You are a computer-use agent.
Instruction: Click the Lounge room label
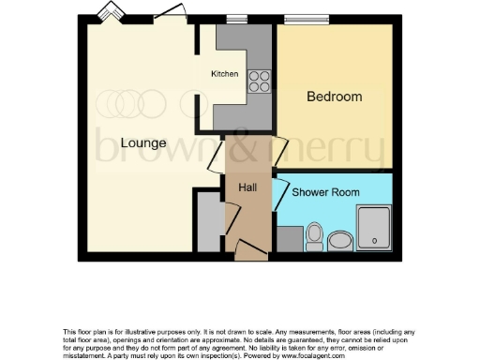tap(143, 143)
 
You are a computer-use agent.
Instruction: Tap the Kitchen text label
tap(224, 74)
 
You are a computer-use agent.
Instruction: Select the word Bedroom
tap(335, 97)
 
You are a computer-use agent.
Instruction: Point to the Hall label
tap(247, 187)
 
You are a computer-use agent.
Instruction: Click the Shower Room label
tap(326, 192)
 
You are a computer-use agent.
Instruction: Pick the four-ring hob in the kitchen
tap(258, 82)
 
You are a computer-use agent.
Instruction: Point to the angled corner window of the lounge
tap(112, 13)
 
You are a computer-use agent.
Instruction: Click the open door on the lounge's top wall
tap(170, 12)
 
